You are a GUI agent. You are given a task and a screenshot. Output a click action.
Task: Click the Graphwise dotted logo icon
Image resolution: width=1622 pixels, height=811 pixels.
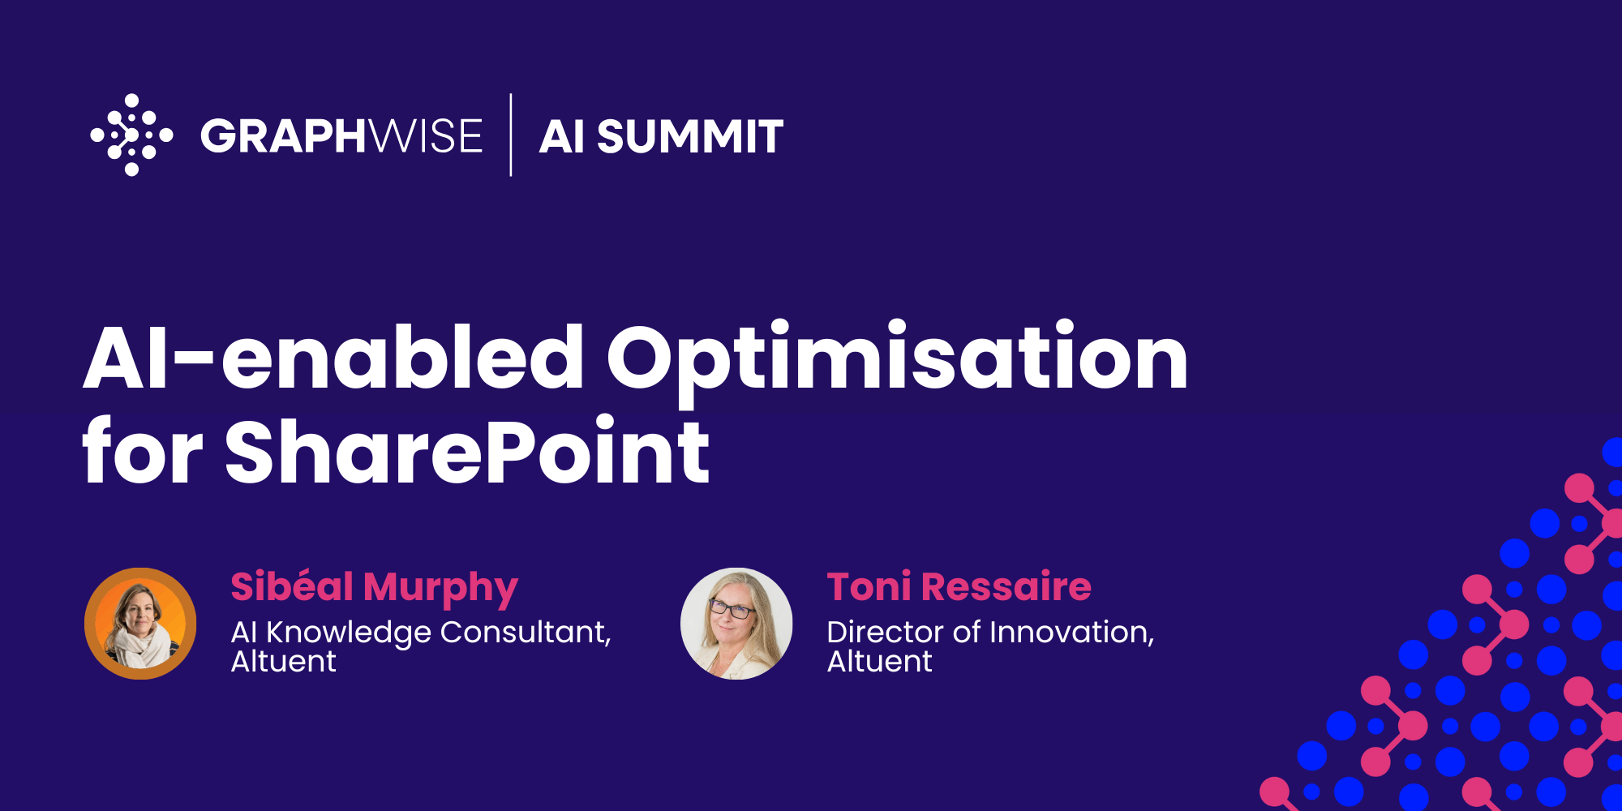coord(131,135)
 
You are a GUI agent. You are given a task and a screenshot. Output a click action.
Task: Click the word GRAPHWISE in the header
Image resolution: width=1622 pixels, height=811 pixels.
coord(341,135)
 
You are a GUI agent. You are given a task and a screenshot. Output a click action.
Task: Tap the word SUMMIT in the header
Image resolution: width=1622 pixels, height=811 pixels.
coord(689,136)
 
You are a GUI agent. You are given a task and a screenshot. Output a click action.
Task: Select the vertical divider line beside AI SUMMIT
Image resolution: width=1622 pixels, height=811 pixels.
coord(511,135)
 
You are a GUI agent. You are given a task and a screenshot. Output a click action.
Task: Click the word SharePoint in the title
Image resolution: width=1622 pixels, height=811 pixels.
coord(467,451)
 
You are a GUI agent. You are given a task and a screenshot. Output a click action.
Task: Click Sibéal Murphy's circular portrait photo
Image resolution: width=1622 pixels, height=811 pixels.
coord(140,623)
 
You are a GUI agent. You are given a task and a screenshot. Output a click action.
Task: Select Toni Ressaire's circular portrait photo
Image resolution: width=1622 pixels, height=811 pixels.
coord(736,623)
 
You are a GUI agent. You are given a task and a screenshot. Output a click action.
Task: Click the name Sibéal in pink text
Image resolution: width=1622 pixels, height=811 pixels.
coord(292,586)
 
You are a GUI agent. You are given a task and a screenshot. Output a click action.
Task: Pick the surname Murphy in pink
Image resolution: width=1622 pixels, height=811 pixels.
coord(440,588)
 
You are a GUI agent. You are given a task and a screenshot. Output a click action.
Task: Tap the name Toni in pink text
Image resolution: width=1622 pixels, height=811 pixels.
coord(869,586)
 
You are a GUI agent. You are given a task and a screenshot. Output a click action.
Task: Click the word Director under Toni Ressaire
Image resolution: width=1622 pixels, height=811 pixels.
coord(886,632)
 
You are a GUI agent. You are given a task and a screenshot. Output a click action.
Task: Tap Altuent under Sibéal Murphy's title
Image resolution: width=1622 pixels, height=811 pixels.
coord(283,662)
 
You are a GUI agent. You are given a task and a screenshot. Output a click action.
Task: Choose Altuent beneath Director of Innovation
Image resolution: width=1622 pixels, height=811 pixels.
coord(879,662)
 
